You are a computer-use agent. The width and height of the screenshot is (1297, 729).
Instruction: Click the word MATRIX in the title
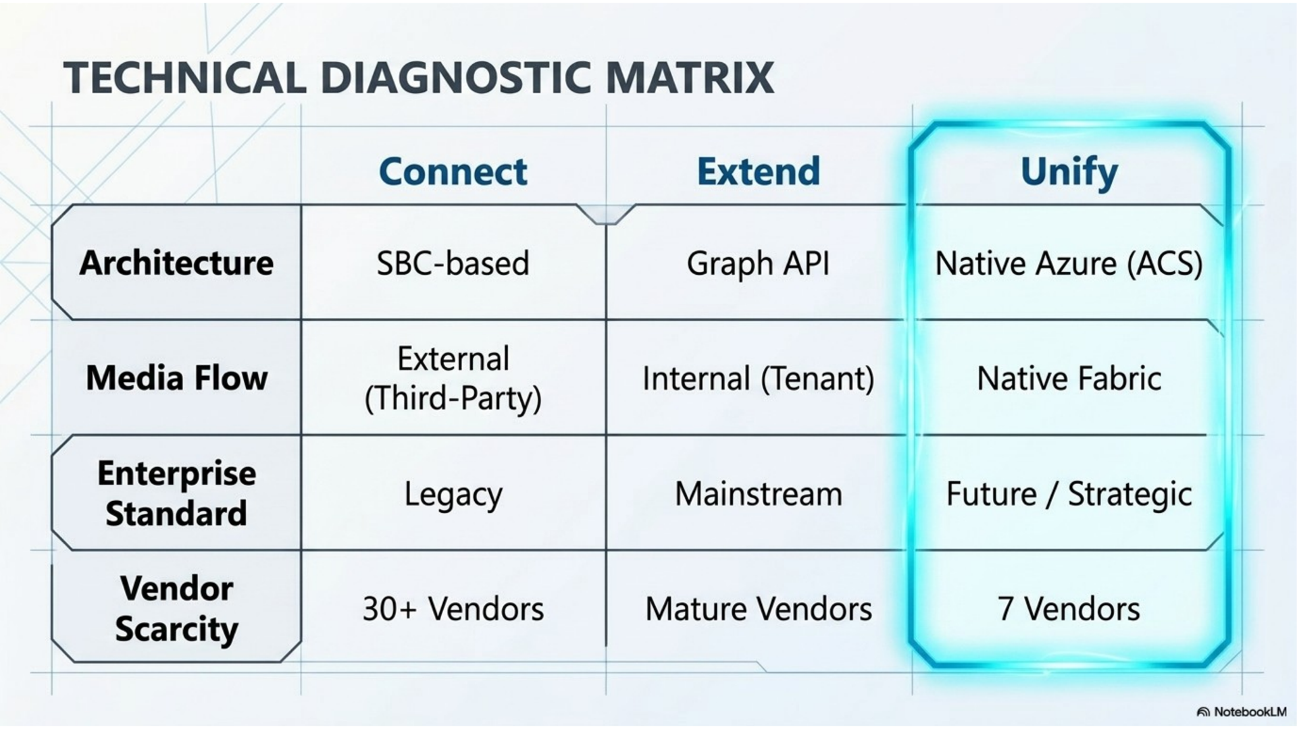[x=690, y=78]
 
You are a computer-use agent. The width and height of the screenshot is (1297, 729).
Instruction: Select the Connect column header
[x=453, y=171]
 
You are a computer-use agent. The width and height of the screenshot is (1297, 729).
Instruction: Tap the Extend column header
[x=759, y=171]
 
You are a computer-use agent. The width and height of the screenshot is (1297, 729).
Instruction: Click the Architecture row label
[x=176, y=263]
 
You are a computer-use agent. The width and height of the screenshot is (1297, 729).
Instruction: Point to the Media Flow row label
[x=176, y=377]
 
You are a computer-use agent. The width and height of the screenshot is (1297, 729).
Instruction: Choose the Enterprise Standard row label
[x=176, y=493]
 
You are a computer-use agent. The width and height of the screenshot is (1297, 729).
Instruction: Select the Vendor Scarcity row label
[x=176, y=610]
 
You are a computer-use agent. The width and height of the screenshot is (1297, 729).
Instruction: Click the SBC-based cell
[x=453, y=263]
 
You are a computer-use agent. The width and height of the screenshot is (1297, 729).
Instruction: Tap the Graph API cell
[x=758, y=264]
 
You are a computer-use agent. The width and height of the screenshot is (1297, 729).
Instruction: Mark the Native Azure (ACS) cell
[x=1069, y=264]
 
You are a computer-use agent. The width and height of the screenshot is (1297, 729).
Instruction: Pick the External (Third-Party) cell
[x=453, y=379]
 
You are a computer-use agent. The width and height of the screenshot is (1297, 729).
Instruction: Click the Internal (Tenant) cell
[x=758, y=379]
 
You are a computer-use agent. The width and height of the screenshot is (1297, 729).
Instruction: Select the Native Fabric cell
[x=1069, y=378]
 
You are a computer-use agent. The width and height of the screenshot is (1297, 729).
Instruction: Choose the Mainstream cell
[x=759, y=494]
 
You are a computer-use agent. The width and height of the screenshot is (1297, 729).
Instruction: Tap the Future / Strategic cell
[x=1069, y=495]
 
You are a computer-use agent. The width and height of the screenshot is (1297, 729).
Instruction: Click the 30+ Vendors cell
[x=453, y=609]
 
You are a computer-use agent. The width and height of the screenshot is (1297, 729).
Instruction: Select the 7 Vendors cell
[x=1069, y=609]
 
